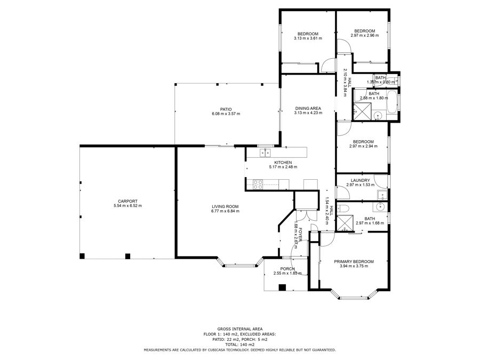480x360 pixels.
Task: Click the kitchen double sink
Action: click(x=265, y=153)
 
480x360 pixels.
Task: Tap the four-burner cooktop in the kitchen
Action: click(x=258, y=185)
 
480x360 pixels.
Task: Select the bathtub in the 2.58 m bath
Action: click(x=391, y=102)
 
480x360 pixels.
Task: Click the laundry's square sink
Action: click(x=382, y=195)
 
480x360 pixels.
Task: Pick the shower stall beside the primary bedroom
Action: click(x=345, y=223)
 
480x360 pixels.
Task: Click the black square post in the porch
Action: click(x=282, y=287)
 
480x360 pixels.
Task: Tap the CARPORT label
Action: click(x=127, y=201)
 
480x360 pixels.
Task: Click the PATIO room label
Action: click(x=226, y=109)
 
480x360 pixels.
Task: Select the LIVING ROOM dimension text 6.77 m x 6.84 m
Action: click(x=225, y=211)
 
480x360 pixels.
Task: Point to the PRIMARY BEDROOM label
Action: click(x=354, y=262)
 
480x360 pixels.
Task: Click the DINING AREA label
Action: click(x=308, y=108)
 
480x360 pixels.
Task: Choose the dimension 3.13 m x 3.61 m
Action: click(x=308, y=38)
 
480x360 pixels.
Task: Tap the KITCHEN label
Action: click(x=283, y=163)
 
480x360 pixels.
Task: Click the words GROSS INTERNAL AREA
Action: click(x=240, y=329)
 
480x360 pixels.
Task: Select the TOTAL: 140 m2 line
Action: click(x=240, y=345)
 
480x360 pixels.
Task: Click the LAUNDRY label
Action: click(x=361, y=181)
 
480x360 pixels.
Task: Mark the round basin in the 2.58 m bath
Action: click(x=378, y=116)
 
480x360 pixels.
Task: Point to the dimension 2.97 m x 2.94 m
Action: click(x=363, y=146)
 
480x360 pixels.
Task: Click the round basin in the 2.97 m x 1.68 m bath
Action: click(x=380, y=206)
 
